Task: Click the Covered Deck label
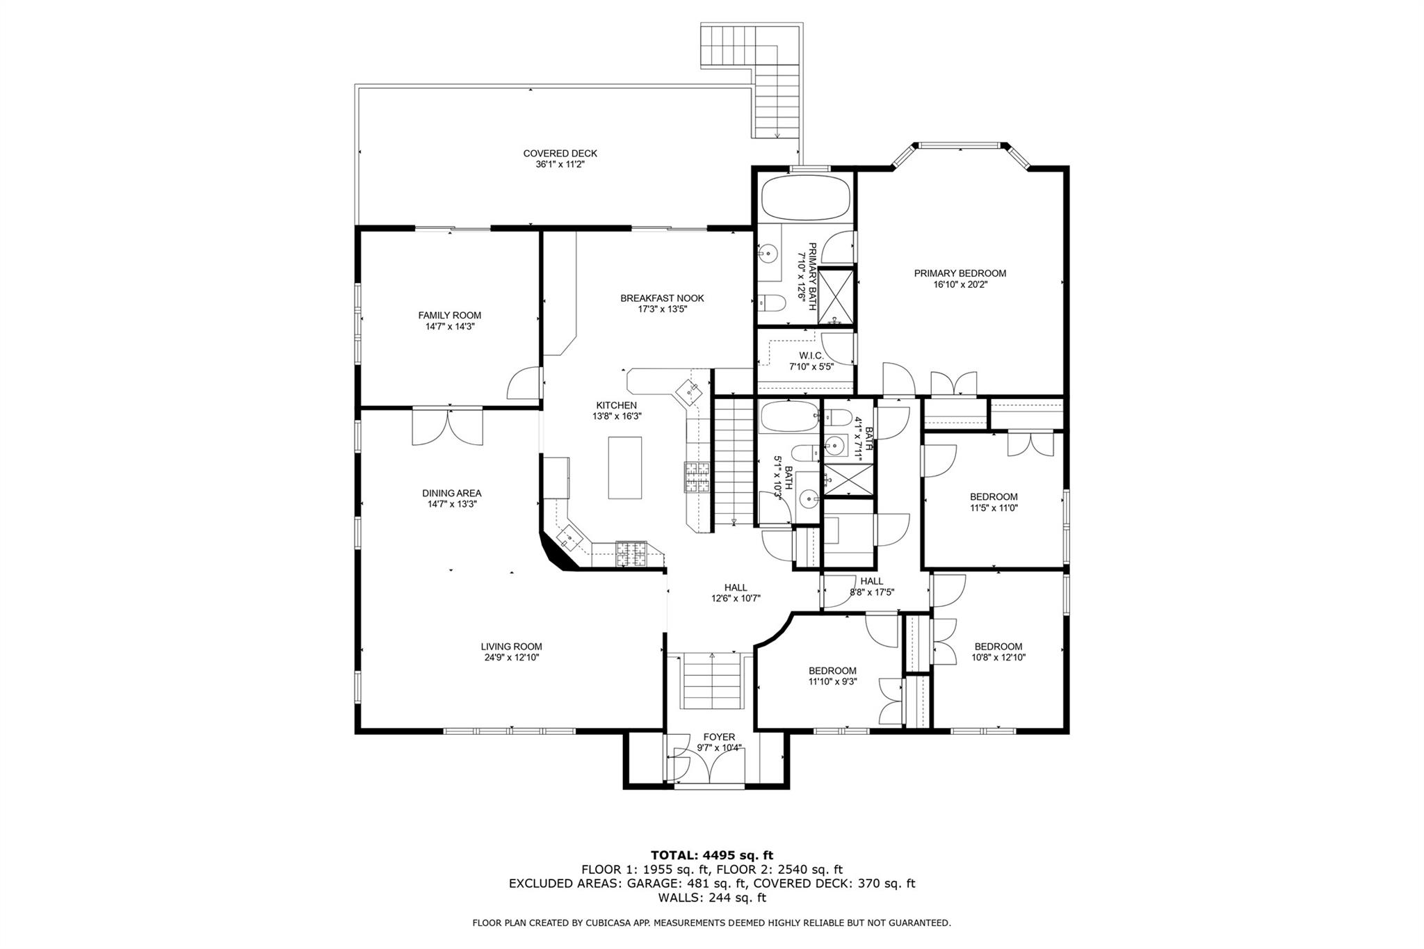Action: pyautogui.click(x=560, y=154)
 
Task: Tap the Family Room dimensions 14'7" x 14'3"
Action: pyautogui.click(x=449, y=327)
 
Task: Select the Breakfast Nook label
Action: pyautogui.click(x=662, y=298)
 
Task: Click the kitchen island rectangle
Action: pyautogui.click(x=624, y=467)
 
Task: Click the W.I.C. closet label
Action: pyautogui.click(x=811, y=355)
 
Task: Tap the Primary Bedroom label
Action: pyautogui.click(x=960, y=273)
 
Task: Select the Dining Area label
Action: pyautogui.click(x=451, y=494)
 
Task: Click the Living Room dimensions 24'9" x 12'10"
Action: pyautogui.click(x=512, y=657)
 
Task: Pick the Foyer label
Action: pyautogui.click(x=719, y=737)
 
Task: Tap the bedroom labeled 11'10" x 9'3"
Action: pyautogui.click(x=832, y=676)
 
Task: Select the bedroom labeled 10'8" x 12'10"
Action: pyautogui.click(x=998, y=651)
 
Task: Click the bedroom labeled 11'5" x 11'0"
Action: pyautogui.click(x=994, y=502)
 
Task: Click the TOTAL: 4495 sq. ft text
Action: pyautogui.click(x=711, y=855)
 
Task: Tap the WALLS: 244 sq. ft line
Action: pyautogui.click(x=711, y=898)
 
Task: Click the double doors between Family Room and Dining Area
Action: pyautogui.click(x=448, y=427)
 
